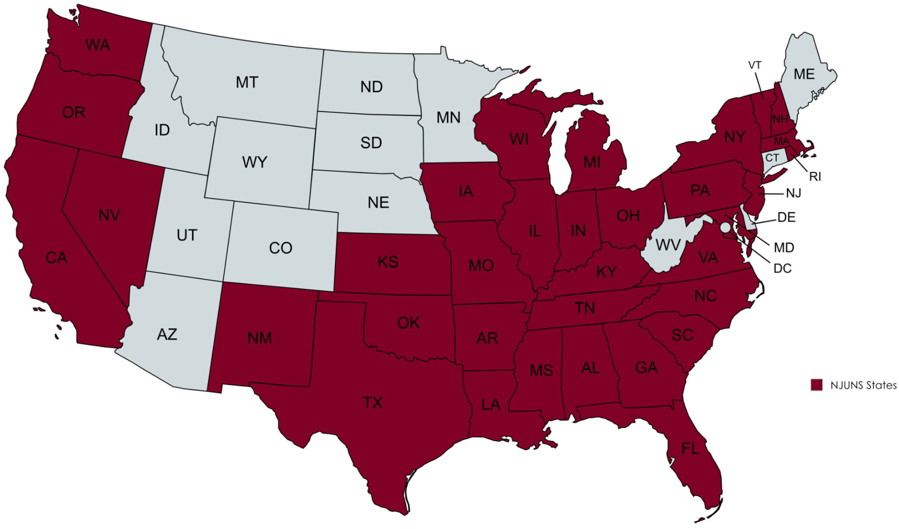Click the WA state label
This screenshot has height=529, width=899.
[98, 45]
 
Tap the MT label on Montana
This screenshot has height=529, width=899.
[247, 82]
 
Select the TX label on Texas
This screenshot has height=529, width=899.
[373, 402]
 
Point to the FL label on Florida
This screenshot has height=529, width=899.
[690, 449]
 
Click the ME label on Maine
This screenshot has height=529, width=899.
[804, 74]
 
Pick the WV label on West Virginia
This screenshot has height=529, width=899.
[668, 245]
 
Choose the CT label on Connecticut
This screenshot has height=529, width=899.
[772, 158]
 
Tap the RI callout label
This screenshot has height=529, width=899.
[815, 177]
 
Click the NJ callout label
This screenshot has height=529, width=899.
[793, 193]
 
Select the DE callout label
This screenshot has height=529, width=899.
[786, 217]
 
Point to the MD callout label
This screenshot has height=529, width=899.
[784, 247]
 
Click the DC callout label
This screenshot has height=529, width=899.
[782, 268]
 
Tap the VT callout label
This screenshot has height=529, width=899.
[755, 66]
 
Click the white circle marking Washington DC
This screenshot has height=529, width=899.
[725, 228]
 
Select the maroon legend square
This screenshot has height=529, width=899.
[817, 385]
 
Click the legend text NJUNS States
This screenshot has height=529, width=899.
[863, 385]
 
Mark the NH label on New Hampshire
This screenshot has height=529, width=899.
[780, 119]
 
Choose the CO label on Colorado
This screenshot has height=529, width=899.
[280, 248]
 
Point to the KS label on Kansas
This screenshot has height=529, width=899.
[388, 262]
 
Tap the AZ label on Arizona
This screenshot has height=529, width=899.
[167, 335]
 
